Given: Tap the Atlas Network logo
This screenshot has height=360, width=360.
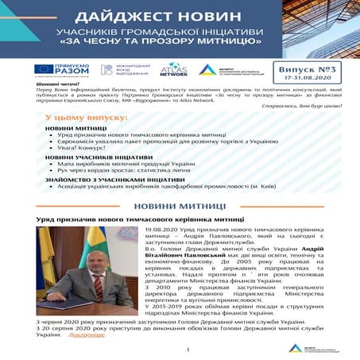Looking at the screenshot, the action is click(x=173, y=70).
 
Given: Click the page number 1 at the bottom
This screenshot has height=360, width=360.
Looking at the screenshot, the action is click(x=188, y=349).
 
